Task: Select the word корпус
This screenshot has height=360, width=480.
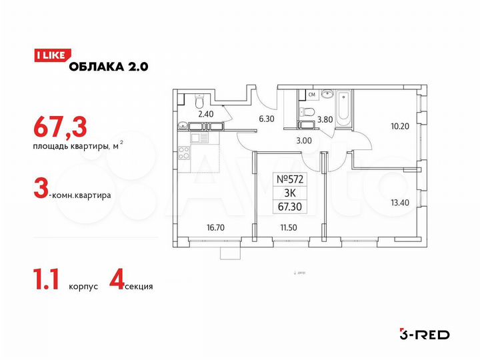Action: click(x=83, y=286)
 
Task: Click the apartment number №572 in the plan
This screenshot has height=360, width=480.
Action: click(x=289, y=179)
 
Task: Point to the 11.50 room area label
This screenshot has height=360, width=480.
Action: click(x=289, y=227)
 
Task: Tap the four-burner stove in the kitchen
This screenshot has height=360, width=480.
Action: click(x=199, y=137)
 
